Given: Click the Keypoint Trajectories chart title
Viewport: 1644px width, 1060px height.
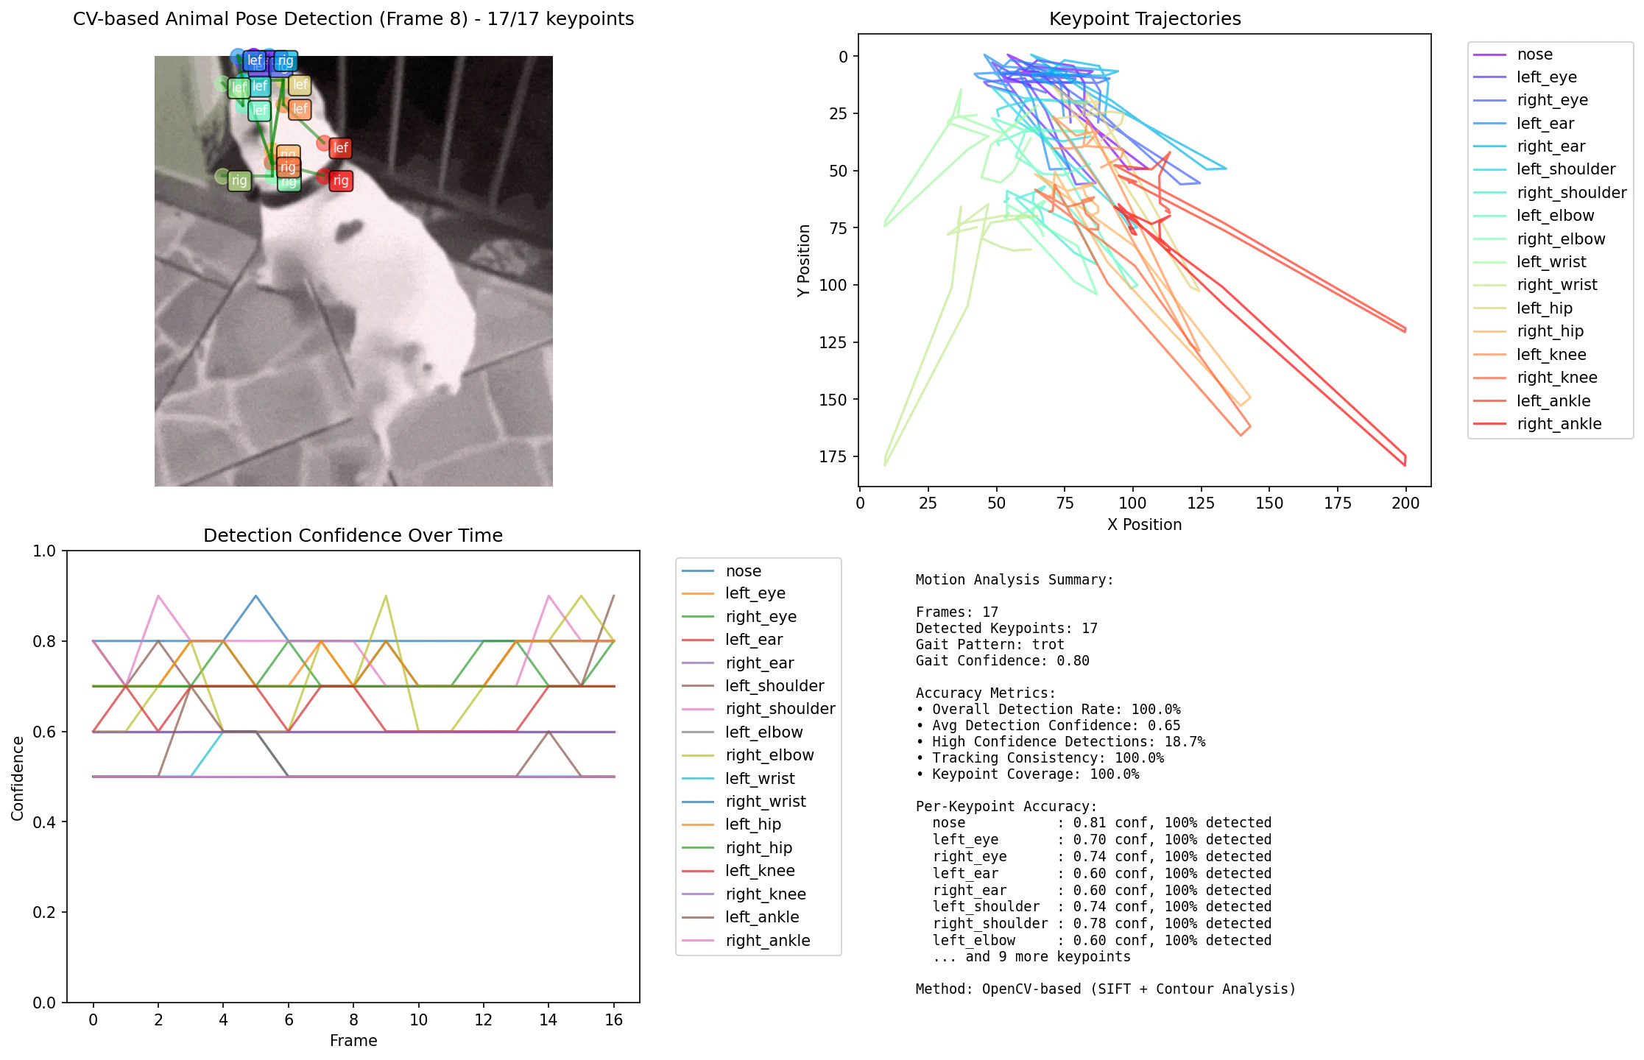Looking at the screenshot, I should point(1144,18).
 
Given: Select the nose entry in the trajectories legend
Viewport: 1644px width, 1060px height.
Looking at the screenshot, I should point(1534,54).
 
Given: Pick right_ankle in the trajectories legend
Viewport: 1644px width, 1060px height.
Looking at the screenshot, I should point(1559,424).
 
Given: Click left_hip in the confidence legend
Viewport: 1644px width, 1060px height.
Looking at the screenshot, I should point(752,824).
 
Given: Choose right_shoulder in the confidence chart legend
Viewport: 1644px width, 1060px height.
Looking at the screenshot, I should point(780,709).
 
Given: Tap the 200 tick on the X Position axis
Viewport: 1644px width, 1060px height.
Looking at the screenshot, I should point(1405,504).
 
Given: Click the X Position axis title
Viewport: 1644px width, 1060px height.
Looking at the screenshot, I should point(1144,525).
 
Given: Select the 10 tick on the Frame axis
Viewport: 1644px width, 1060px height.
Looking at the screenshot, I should point(418,1020).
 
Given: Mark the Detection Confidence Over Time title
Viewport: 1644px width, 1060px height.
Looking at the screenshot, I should point(353,535).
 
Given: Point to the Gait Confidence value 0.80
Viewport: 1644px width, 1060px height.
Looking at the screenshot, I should point(1073,661).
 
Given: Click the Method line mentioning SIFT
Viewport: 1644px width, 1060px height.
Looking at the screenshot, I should point(1105,989).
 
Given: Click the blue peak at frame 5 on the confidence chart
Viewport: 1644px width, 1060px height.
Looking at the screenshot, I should point(255,596).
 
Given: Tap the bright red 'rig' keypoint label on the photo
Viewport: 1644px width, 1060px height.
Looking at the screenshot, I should point(340,180).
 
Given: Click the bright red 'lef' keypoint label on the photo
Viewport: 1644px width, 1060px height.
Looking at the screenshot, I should point(340,148).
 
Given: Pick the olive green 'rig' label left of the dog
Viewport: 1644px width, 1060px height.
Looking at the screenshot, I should point(239,180).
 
